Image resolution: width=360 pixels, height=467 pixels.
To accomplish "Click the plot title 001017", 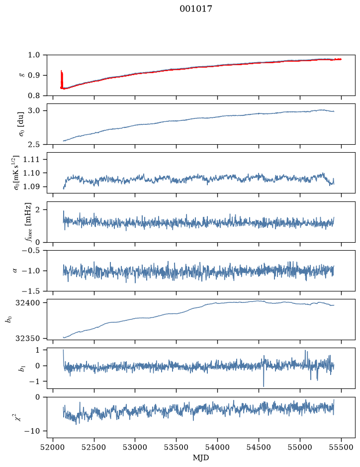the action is pos(196,8).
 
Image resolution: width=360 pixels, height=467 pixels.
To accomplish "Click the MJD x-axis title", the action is pos(201,458).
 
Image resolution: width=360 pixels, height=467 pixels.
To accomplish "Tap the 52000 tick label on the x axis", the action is pos(53,447).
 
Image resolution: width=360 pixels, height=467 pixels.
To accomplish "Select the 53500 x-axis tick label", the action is pos(177,447).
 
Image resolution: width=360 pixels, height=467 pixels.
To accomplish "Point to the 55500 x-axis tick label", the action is pos(341,447).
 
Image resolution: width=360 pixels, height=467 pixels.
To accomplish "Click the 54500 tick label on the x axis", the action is pos(259,447).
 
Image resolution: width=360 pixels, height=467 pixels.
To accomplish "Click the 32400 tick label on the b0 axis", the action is pos(28,303).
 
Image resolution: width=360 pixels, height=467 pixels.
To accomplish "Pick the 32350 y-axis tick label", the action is pos(28,338).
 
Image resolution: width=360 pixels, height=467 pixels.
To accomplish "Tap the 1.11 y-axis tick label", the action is pos(31,159).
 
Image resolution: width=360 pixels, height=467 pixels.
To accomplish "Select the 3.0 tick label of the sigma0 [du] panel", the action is pos(34,111).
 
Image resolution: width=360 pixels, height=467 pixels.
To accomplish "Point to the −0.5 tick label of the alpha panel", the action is pos(31,250).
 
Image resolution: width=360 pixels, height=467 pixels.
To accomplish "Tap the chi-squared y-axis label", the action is pos(18,417).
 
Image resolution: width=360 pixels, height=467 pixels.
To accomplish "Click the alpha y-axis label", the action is pos(15,271).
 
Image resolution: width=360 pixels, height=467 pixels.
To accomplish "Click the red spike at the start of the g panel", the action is pos(62,79).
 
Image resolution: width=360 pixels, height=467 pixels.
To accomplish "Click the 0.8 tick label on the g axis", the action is pos(34,95).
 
